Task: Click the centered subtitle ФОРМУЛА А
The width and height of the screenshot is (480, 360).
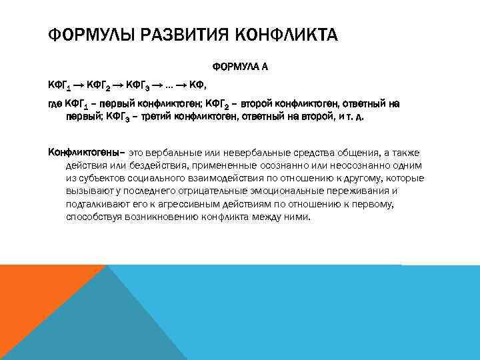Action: tap(240, 67)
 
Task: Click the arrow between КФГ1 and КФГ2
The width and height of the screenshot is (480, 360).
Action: tap(78, 85)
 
